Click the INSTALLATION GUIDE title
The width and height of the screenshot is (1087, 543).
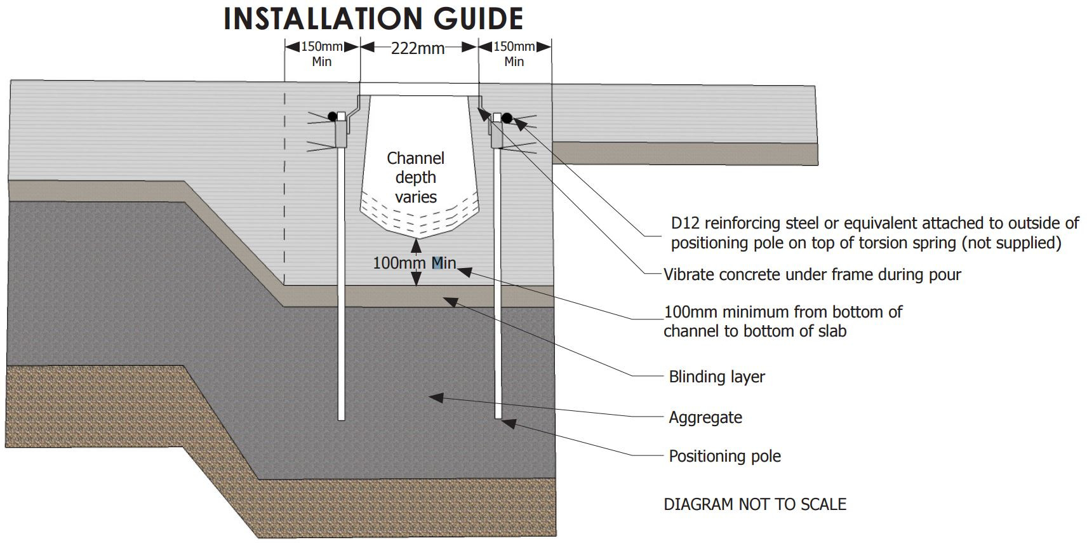(x=373, y=19)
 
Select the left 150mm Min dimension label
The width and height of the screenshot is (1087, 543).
(x=322, y=54)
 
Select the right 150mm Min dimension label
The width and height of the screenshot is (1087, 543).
(x=514, y=54)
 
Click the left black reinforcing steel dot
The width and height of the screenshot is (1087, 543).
(x=332, y=116)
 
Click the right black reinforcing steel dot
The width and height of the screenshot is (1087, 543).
(x=507, y=117)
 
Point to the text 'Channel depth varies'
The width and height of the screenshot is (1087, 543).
(x=416, y=177)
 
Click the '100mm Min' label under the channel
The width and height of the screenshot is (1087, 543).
(x=414, y=263)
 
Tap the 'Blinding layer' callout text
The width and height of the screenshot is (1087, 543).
(x=717, y=377)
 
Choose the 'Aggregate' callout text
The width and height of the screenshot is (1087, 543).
(x=705, y=417)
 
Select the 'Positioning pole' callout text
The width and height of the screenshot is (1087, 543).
(x=724, y=456)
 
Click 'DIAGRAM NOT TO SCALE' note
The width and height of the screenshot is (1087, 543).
(x=755, y=504)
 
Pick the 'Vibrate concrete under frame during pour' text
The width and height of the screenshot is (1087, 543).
(x=812, y=274)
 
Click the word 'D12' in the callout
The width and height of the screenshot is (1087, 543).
(x=685, y=223)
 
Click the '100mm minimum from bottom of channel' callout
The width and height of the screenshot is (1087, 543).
(x=782, y=321)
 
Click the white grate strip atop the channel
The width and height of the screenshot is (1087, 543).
(x=419, y=90)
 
